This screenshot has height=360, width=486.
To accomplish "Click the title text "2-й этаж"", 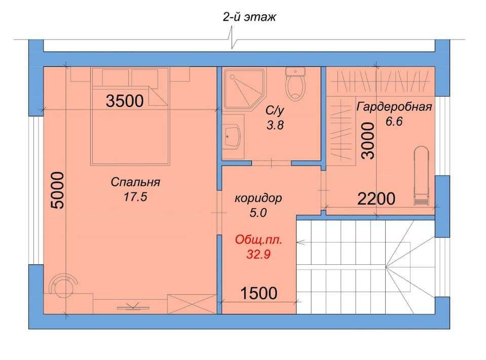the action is pyautogui.click(x=249, y=17).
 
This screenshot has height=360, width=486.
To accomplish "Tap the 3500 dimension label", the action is pyautogui.click(x=125, y=101).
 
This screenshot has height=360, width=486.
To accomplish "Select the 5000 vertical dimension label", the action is pyautogui.click(x=58, y=190).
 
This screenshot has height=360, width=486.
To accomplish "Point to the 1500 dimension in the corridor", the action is pyautogui.click(x=259, y=293).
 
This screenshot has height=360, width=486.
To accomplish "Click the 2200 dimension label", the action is pyautogui.click(x=376, y=198).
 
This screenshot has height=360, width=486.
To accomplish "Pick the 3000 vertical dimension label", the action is pyautogui.click(x=368, y=141).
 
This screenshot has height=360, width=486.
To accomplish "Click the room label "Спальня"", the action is pyautogui.click(x=135, y=182).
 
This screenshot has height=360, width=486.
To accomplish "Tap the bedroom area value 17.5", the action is pyautogui.click(x=135, y=196).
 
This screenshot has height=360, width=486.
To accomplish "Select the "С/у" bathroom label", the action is pyautogui.click(x=275, y=110).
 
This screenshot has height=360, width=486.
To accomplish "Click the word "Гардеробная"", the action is pyautogui.click(x=394, y=107).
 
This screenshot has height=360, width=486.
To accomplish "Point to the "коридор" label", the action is pyautogui.click(x=258, y=198).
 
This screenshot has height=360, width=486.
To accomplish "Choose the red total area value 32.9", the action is pyautogui.click(x=258, y=254).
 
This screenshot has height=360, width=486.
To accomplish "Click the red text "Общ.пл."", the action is pyautogui.click(x=259, y=240).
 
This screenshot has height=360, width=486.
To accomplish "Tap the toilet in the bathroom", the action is pyautogui.click(x=295, y=84).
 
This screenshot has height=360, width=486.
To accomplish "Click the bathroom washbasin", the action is pyautogui.click(x=233, y=137).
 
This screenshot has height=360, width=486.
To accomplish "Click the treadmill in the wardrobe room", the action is pyautogui.click(x=421, y=176).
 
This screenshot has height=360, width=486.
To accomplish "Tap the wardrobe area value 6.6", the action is pyautogui.click(x=394, y=121).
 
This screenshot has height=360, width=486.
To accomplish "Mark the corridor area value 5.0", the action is pyautogui.click(x=258, y=213).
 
